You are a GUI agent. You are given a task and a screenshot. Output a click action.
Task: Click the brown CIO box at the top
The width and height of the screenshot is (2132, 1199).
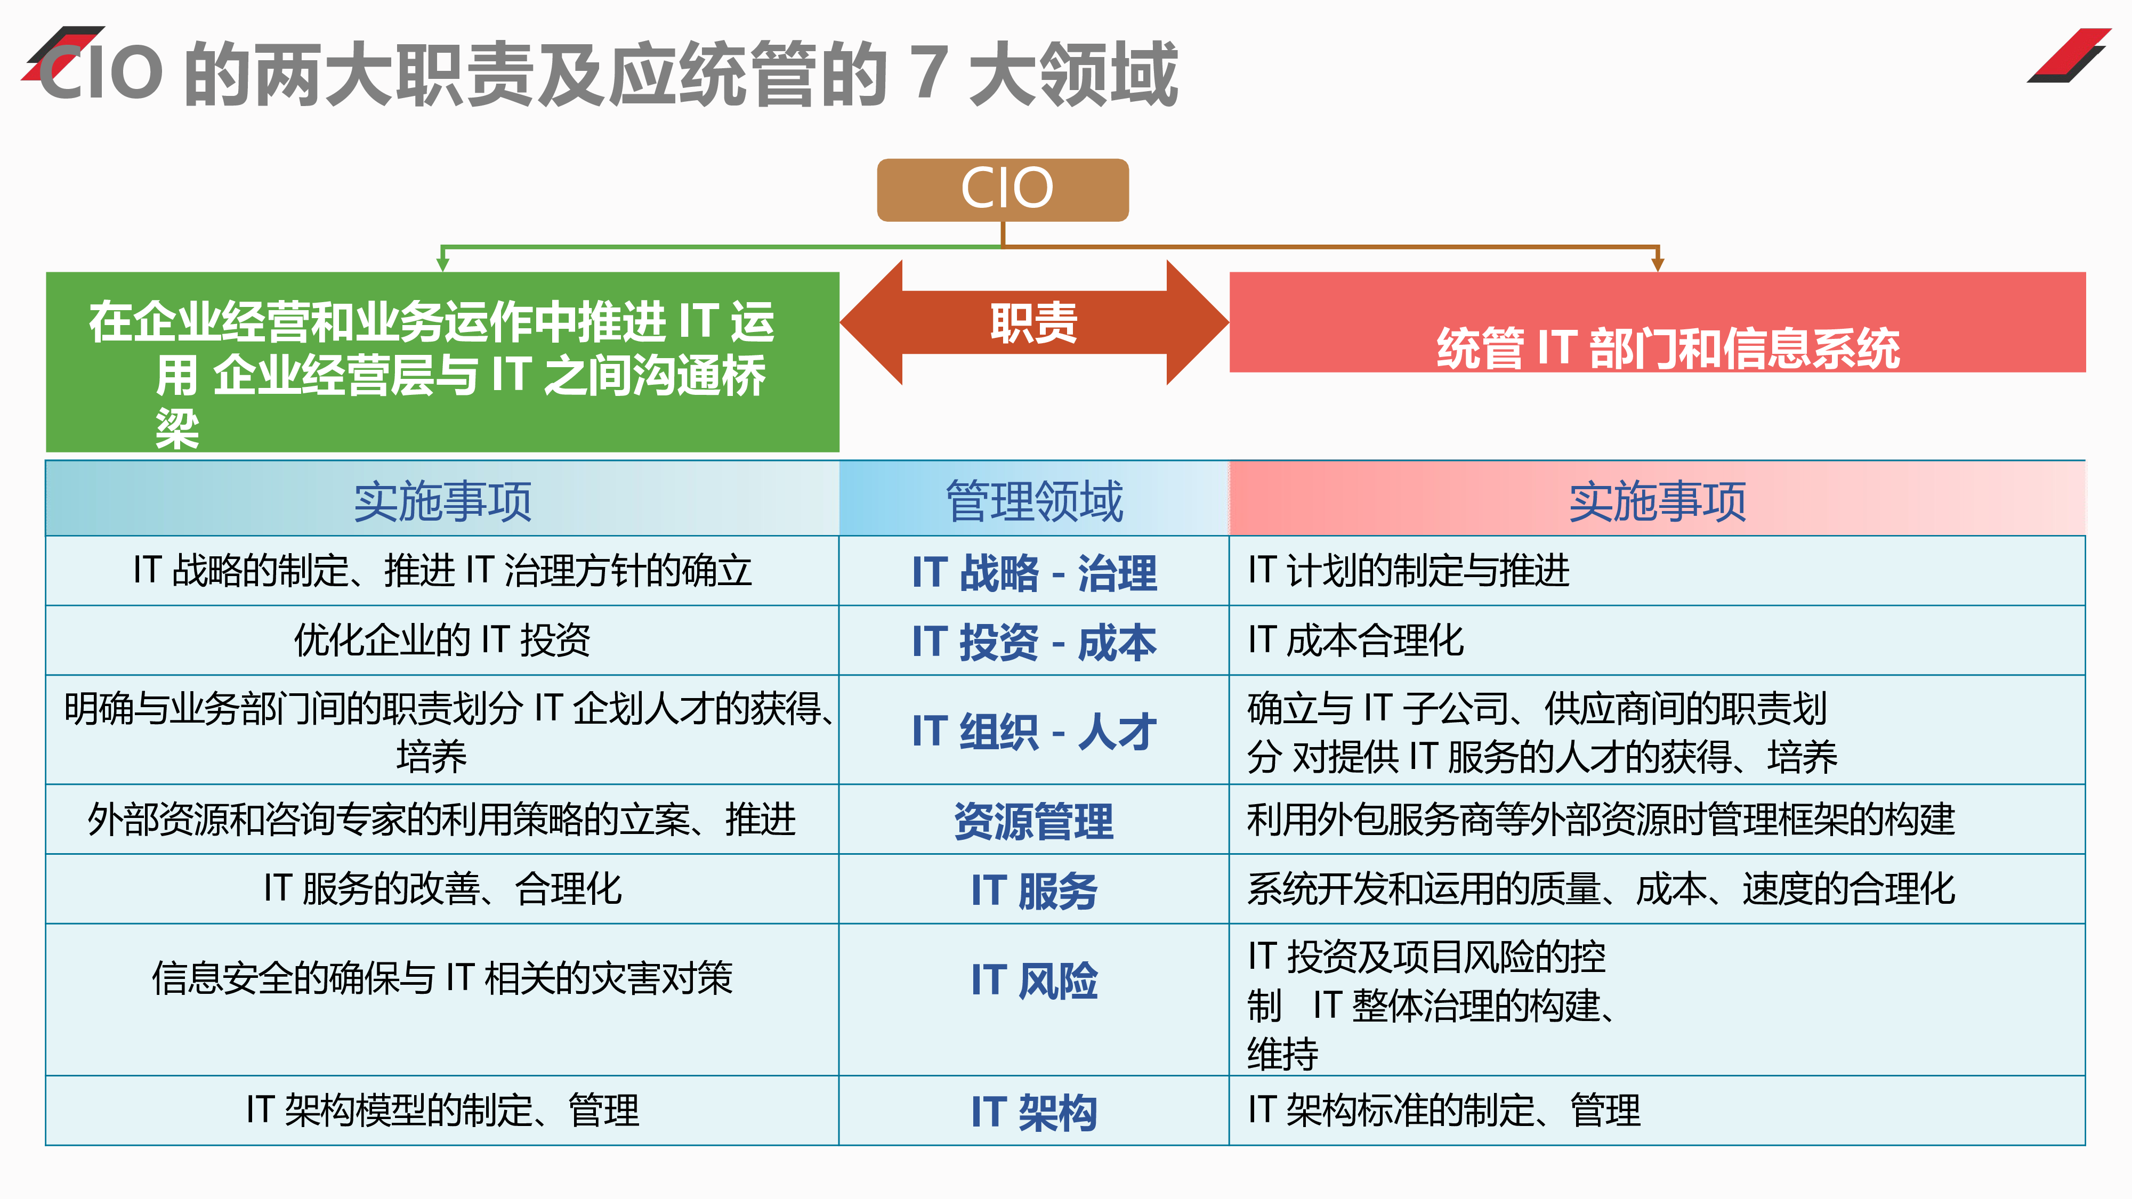(x=1002, y=190)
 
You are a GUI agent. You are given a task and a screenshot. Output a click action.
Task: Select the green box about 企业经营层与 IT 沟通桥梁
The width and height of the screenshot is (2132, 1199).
(x=443, y=362)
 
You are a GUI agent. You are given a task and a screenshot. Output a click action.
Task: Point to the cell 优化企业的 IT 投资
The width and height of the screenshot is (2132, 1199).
(x=443, y=641)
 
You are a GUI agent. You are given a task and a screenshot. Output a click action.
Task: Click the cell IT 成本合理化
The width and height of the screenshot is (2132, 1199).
(x=1657, y=641)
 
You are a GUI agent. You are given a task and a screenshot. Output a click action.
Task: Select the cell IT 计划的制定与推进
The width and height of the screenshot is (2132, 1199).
(x=1657, y=571)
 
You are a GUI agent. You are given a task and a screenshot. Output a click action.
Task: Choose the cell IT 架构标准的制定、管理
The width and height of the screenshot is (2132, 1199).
(x=1657, y=1111)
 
